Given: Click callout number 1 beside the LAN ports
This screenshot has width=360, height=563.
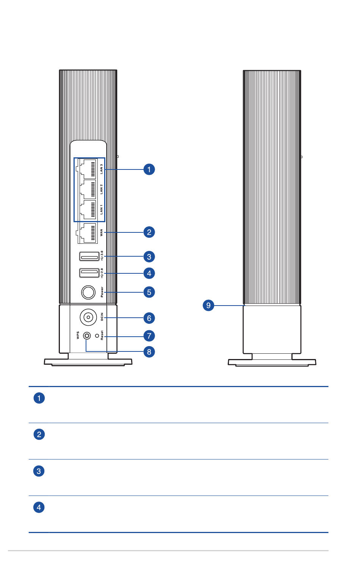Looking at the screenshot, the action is click(x=149, y=169).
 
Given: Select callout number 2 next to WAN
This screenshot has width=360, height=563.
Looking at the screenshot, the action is click(x=149, y=232).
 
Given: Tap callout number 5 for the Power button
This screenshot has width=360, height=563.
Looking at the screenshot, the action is click(x=149, y=292).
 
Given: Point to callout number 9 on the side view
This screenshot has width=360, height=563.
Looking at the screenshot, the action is click(x=208, y=305).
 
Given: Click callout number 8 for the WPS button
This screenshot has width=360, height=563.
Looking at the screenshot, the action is click(x=149, y=352).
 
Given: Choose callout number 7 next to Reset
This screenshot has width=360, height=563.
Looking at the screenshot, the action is click(x=149, y=336).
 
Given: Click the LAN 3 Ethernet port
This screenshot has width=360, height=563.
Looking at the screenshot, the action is click(x=88, y=169).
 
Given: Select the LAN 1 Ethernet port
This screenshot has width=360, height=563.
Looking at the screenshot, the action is click(x=88, y=210).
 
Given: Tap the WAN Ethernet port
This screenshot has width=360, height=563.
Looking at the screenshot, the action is click(x=87, y=233).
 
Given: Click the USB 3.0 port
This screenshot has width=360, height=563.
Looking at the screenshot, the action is click(x=89, y=256).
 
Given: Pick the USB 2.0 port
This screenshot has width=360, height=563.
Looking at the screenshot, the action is click(x=89, y=273).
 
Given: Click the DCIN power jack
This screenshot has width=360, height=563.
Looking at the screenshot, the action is click(x=88, y=317).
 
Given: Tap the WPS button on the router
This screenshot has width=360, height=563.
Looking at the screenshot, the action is click(x=87, y=336).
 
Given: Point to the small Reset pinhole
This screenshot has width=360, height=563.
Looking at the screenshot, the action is click(x=97, y=336).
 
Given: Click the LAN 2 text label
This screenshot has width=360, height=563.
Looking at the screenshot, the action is click(x=102, y=189).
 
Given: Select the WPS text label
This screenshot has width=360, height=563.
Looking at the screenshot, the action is click(x=78, y=335).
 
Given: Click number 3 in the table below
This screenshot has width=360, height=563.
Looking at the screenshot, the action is click(x=39, y=471).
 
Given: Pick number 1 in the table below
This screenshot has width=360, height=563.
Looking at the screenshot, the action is click(x=39, y=398).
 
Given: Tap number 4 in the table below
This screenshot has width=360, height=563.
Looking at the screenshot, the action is click(x=39, y=507).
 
